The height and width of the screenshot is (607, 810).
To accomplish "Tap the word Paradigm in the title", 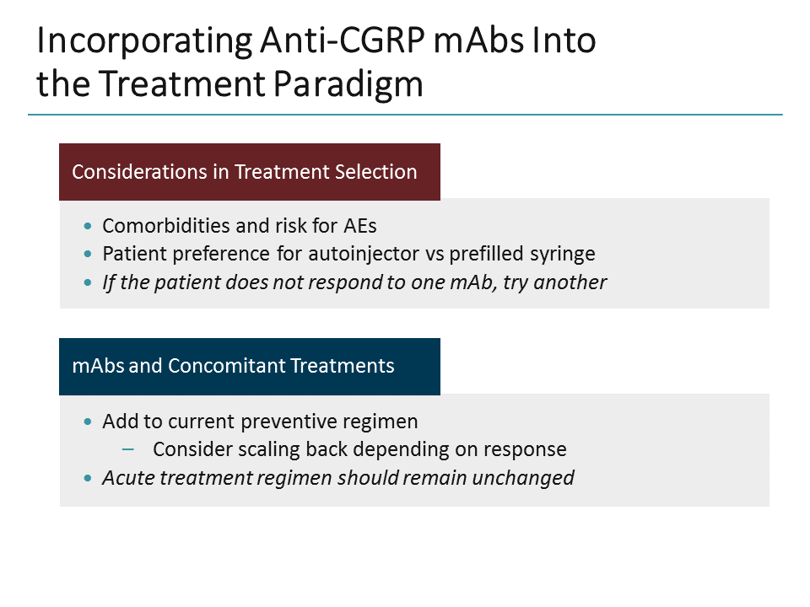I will click(x=350, y=83).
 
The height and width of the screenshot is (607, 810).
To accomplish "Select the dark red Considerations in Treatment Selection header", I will click(x=249, y=172).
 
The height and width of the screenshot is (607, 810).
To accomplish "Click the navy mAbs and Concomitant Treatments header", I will click(x=249, y=366).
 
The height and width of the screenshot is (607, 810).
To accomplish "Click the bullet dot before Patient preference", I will click(x=89, y=255).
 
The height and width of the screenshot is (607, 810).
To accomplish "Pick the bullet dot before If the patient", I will click(x=89, y=283).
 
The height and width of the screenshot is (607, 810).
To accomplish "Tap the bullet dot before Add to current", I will click(x=89, y=422).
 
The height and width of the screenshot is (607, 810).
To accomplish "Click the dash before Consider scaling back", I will click(x=128, y=449).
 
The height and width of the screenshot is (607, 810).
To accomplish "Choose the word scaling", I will click(x=260, y=449).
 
